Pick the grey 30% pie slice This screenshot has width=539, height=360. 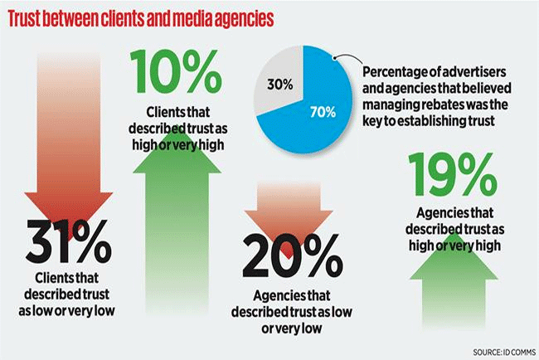click(279, 84)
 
